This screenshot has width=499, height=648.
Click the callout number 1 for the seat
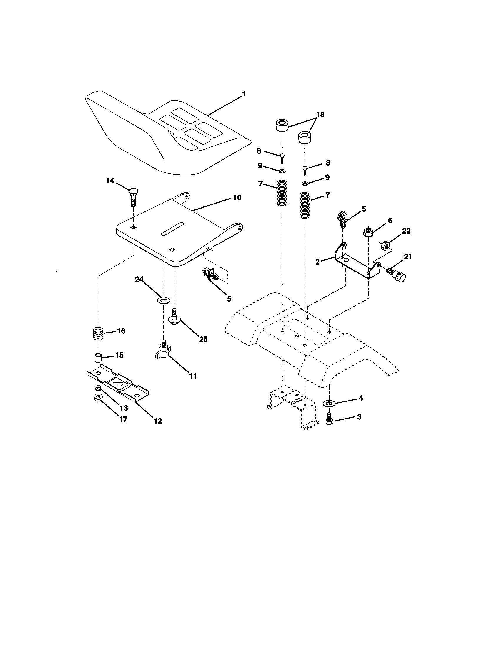tap(244, 94)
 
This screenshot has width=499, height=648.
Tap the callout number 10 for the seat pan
tap(237, 198)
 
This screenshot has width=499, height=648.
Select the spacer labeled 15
tap(98, 358)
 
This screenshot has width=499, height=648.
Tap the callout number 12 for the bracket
tap(158, 421)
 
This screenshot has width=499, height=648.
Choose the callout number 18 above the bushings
tap(320, 115)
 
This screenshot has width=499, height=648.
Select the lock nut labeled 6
tap(368, 232)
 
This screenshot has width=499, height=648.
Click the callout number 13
tap(124, 408)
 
